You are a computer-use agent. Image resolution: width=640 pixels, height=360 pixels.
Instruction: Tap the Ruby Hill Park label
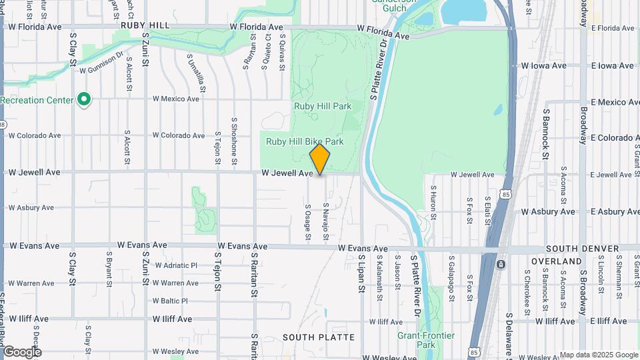click(322, 105)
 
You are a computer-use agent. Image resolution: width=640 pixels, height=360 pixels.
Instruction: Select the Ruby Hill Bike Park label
click(305, 141)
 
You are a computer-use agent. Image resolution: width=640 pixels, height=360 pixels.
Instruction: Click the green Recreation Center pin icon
click(84, 100)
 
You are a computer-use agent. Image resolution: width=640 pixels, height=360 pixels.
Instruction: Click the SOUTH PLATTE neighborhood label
click(319, 337)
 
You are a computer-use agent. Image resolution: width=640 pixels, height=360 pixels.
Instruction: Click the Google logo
click(21, 351)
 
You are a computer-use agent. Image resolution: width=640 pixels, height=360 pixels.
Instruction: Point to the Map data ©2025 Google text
click(598, 355)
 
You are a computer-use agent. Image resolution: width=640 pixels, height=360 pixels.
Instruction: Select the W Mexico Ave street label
click(175, 99)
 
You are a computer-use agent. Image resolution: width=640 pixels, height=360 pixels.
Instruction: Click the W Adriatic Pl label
click(175, 265)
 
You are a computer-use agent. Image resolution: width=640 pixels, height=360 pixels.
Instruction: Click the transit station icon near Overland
click(501, 264)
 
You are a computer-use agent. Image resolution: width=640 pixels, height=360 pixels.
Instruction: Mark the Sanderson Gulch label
click(399, 6)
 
